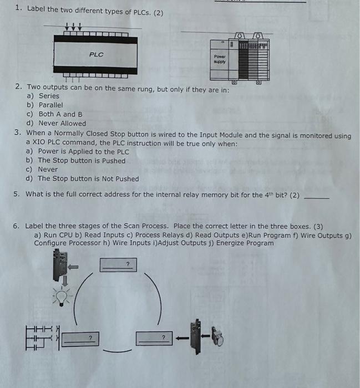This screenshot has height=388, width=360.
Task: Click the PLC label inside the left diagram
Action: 96,54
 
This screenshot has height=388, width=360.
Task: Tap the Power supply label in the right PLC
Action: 220,59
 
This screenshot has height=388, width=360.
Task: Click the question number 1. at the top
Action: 18,8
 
